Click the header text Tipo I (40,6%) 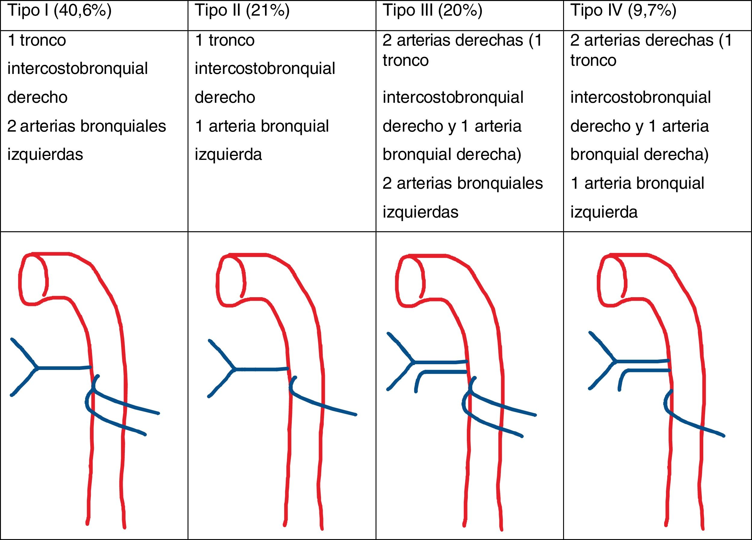click(x=59, y=11)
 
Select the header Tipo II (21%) click(x=242, y=11)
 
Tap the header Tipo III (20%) click(x=432, y=11)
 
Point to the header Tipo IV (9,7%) click(x=623, y=11)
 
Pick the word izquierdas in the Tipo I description click(x=45, y=155)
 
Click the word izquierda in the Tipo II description click(x=228, y=155)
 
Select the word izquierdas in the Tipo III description click(x=421, y=212)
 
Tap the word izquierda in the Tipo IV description click(x=604, y=212)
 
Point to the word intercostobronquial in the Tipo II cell click(x=265, y=69)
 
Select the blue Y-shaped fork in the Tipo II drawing click(x=233, y=369)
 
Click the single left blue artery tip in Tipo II click(x=356, y=414)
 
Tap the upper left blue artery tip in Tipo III click(x=535, y=415)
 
